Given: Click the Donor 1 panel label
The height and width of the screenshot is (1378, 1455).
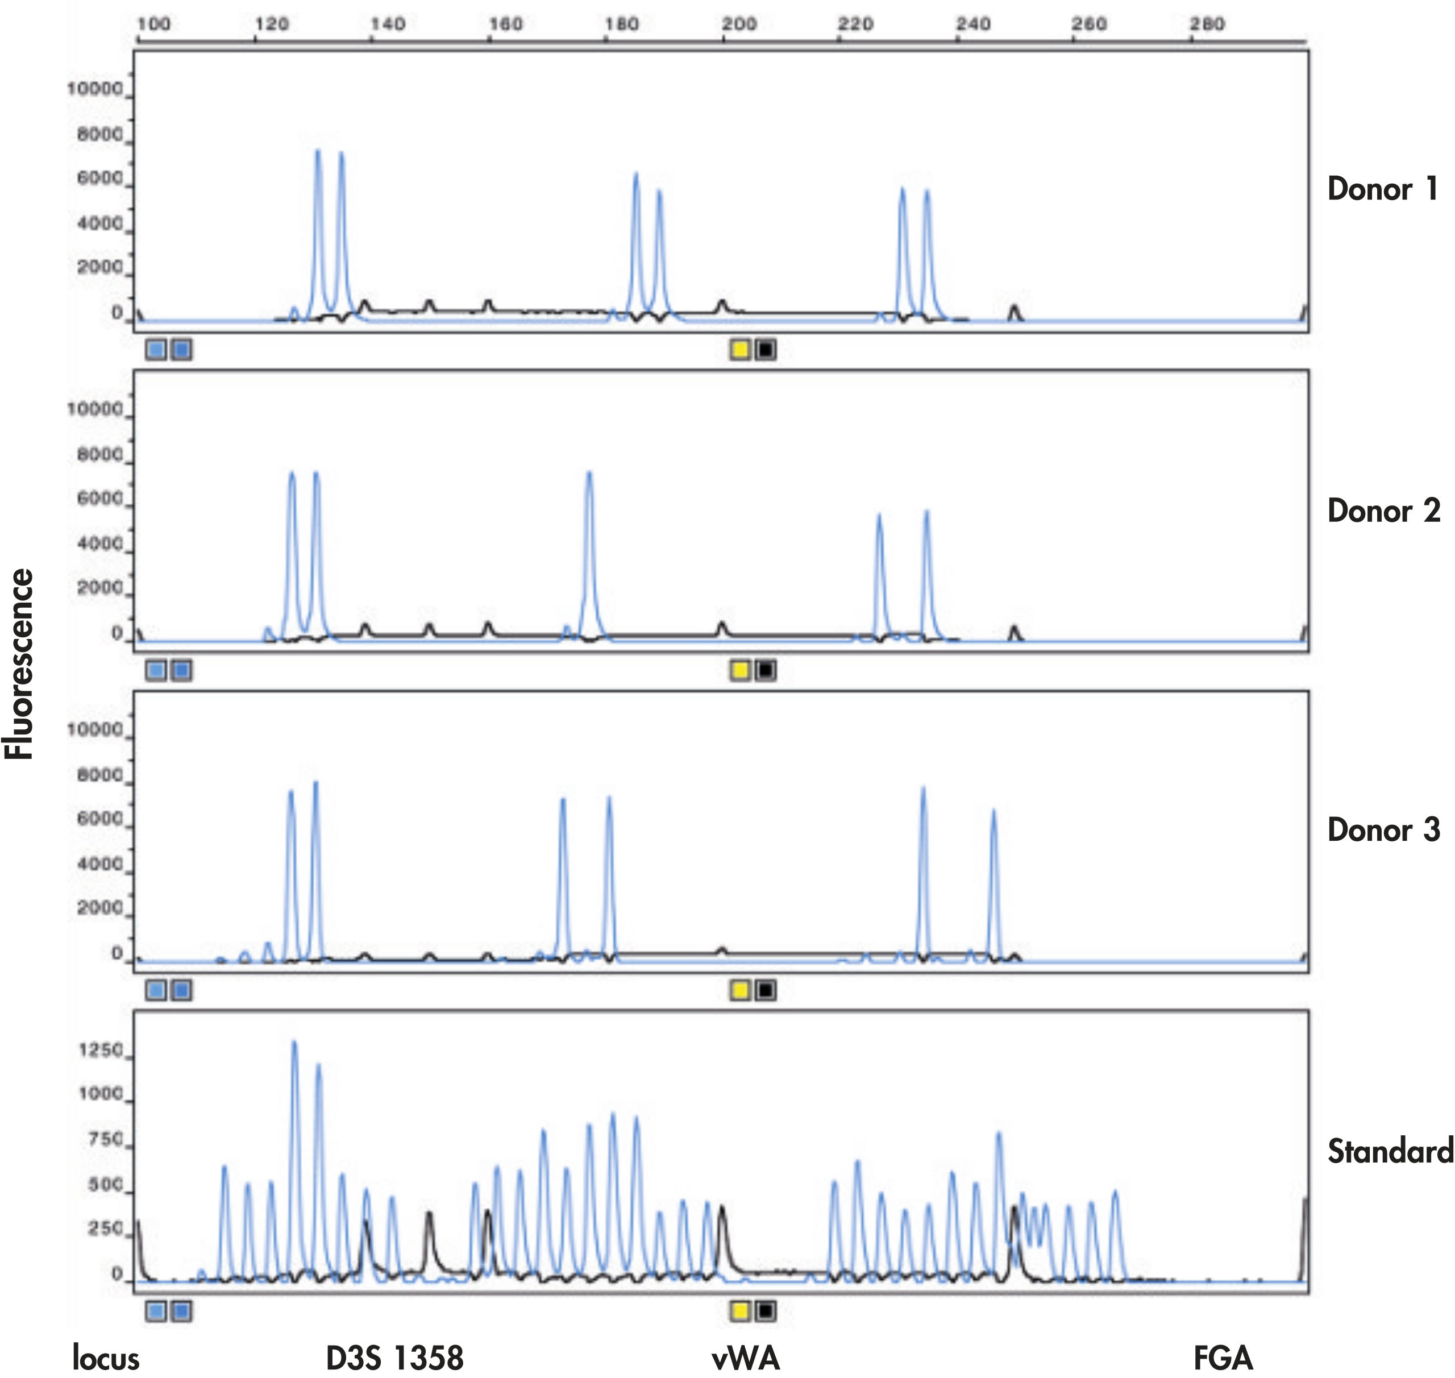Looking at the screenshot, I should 1382,189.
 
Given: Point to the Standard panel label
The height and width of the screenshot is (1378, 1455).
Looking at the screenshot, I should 1390,1151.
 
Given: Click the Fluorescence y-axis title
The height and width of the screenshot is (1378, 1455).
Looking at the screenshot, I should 20,664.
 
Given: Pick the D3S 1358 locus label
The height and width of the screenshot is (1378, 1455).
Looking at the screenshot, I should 394,1358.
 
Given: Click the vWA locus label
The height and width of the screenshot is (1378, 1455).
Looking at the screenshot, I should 746,1358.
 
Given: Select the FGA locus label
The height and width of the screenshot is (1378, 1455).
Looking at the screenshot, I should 1223,1358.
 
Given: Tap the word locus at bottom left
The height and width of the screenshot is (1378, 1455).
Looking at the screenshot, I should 106,1358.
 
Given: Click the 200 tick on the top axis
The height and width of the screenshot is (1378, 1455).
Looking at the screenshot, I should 738,24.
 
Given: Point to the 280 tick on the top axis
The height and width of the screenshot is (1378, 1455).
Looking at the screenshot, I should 1207,24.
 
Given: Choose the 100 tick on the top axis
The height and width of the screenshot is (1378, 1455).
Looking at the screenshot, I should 153,24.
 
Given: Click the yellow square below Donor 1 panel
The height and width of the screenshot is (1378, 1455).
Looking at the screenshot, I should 739,350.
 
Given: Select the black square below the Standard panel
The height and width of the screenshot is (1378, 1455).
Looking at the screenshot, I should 766,1310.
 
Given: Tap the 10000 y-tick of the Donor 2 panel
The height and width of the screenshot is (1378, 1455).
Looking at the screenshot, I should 95,409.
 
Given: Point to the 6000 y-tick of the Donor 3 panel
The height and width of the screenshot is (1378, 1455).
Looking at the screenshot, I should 100,819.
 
